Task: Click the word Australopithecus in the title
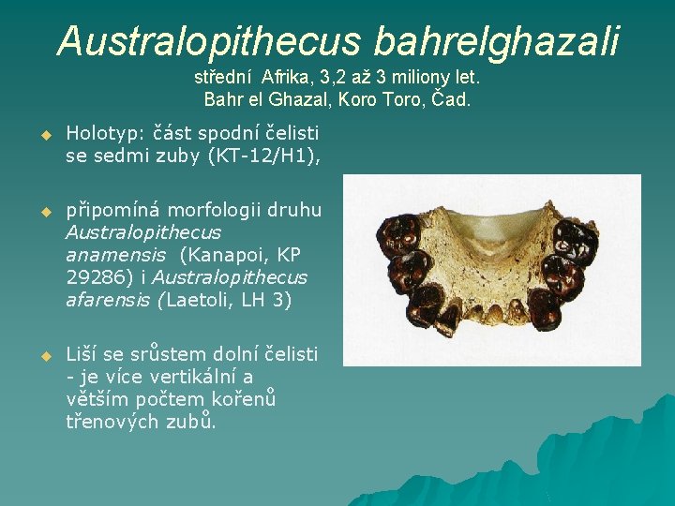[x=209, y=40]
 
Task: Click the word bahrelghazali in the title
[x=497, y=40]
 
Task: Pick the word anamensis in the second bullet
[x=112, y=254]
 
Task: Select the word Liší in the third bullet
[x=81, y=354]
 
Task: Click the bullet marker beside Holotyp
[x=42, y=136]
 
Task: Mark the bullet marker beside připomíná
[x=42, y=210]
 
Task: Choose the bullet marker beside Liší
[x=42, y=355]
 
